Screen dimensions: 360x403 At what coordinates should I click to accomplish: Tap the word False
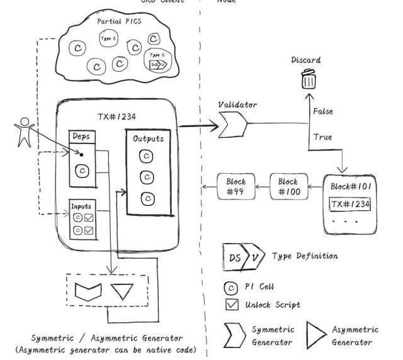point(324,111)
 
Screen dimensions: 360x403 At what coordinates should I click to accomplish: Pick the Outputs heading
point(148,138)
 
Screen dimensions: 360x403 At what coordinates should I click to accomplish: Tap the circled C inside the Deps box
point(81,170)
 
